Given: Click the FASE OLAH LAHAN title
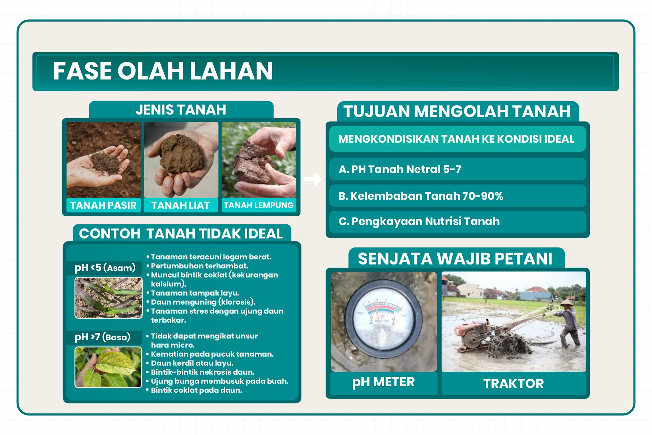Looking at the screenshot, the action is pyautogui.click(x=163, y=71).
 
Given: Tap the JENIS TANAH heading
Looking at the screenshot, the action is pyautogui.click(x=181, y=110).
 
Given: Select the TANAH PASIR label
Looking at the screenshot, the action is pyautogui.click(x=103, y=205).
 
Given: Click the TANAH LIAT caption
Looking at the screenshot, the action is pyautogui.click(x=181, y=205).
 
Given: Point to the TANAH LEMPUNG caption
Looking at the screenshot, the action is pyautogui.click(x=258, y=205).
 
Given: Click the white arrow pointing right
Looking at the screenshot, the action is pyautogui.click(x=312, y=179).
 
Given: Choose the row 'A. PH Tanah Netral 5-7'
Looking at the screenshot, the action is pyautogui.click(x=457, y=169).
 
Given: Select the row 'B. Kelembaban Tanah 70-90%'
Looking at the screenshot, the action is pyautogui.click(x=457, y=196).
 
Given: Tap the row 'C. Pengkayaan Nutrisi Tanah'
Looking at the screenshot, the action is pyautogui.click(x=457, y=221).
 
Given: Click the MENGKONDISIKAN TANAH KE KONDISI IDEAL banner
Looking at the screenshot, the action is pyautogui.click(x=457, y=139).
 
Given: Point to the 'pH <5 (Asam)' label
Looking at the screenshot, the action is pyautogui.click(x=105, y=268).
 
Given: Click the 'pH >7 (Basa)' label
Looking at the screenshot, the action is pyautogui.click(x=102, y=337).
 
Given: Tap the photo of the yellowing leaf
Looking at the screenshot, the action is pyautogui.click(x=108, y=367).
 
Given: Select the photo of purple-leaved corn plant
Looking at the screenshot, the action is pyautogui.click(x=108, y=298).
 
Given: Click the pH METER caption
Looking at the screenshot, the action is pyautogui.click(x=383, y=382).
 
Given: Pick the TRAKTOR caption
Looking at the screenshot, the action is pyautogui.click(x=513, y=383).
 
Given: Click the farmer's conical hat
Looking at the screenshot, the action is pyautogui.click(x=567, y=302).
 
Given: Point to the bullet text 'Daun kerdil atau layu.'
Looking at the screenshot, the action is pyautogui.click(x=192, y=363).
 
